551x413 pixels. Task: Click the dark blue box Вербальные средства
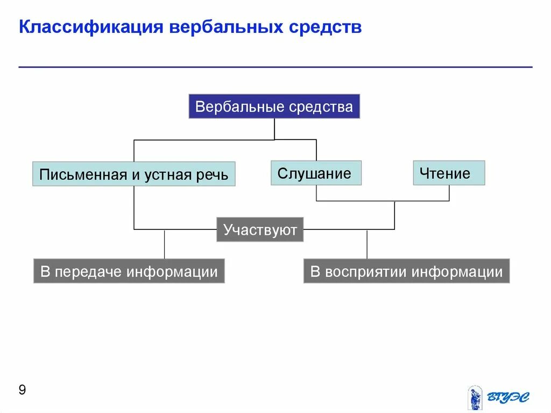(x=274, y=107)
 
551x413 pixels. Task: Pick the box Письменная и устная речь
(x=133, y=174)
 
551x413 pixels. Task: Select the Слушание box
(x=316, y=173)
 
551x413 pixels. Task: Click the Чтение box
(x=449, y=173)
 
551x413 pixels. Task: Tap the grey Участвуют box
(x=260, y=230)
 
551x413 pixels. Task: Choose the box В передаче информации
(x=129, y=271)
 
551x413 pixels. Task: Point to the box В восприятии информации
(x=406, y=271)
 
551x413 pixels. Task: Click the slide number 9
(x=22, y=390)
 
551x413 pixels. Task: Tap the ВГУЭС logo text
(x=508, y=397)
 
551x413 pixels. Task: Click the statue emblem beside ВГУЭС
(x=475, y=397)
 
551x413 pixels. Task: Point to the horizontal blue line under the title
(x=275, y=67)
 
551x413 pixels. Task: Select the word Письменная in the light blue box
(x=81, y=174)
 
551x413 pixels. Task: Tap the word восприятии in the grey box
(x=365, y=271)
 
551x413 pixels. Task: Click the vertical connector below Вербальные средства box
(x=274, y=129)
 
